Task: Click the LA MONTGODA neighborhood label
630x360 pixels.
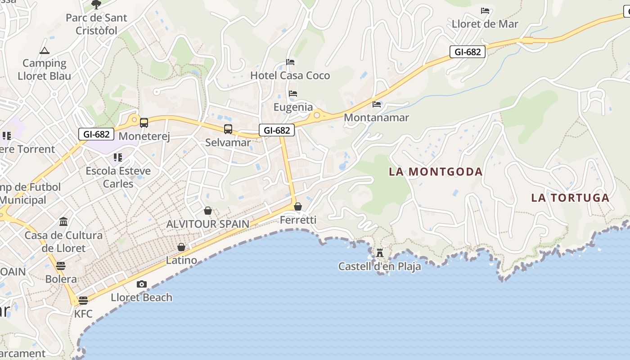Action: coord(436,171)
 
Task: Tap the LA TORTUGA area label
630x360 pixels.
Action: coord(570,198)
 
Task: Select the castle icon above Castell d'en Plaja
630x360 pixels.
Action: coord(380,253)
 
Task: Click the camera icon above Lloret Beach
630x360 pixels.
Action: coord(142,284)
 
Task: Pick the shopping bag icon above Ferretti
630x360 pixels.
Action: coord(298,207)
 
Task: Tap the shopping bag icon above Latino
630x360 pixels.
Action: coord(181,247)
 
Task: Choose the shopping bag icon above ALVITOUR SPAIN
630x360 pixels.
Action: coord(208,211)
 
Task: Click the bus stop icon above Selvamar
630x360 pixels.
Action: coord(228,129)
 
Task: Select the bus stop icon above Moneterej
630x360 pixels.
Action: coord(144,123)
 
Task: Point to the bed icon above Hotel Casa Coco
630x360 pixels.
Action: coord(290,62)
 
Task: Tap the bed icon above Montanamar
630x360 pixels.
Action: coord(377,104)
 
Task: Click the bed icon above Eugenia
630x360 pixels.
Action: coord(293,94)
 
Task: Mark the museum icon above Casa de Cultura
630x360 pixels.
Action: coord(63,222)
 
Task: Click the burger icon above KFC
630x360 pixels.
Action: coord(83,301)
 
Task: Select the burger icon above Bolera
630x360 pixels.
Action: coord(61,265)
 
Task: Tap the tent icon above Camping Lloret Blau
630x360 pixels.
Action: coord(44,50)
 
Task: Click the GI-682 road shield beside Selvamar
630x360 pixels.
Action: coord(277,130)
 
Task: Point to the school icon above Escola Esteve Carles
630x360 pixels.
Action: coord(118,157)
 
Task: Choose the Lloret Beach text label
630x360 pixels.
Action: coord(141,297)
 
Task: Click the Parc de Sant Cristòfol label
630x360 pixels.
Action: coord(96,24)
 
